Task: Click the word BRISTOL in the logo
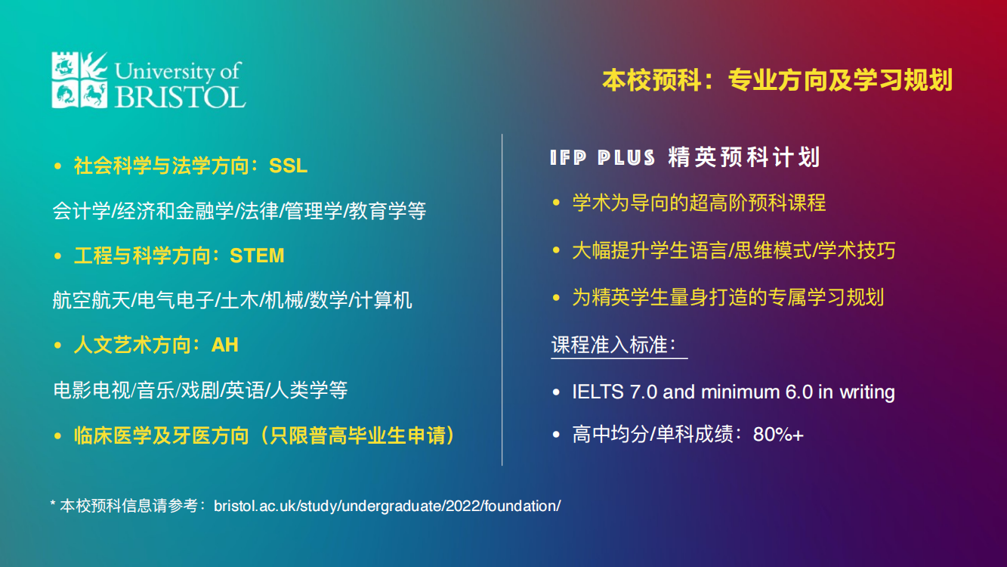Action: pyautogui.click(x=180, y=96)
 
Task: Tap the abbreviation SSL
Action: pyautogui.click(x=288, y=166)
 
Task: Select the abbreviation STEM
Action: pyautogui.click(x=257, y=256)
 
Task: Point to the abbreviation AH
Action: pyautogui.click(x=224, y=345)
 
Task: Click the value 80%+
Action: pyautogui.click(x=778, y=435)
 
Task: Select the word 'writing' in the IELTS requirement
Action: pyautogui.click(x=866, y=392)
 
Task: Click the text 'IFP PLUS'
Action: pyautogui.click(x=602, y=158)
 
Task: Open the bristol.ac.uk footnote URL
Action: pyautogui.click(x=387, y=506)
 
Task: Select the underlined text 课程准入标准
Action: pyautogui.click(x=610, y=345)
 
